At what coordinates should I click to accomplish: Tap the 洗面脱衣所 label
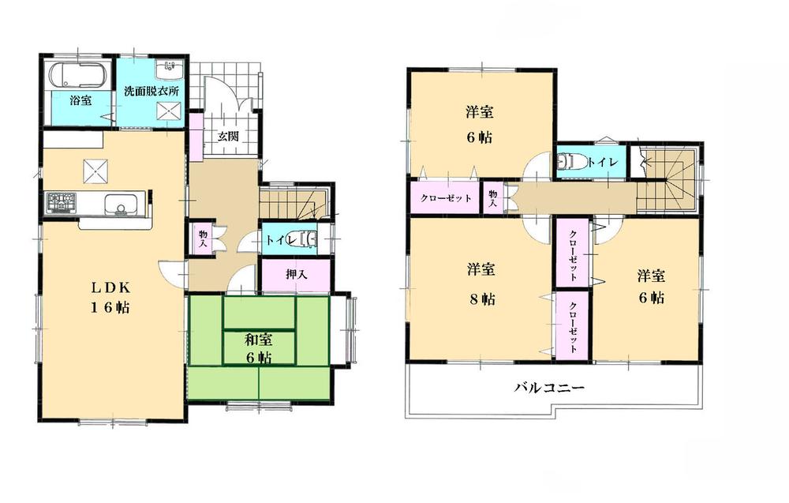pyautogui.click(x=151, y=92)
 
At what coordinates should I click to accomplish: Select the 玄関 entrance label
pyautogui.click(x=229, y=136)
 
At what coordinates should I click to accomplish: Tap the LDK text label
pyautogui.click(x=98, y=286)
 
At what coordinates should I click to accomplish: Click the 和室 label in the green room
pyautogui.click(x=258, y=340)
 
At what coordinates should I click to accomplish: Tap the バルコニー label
pyautogui.click(x=550, y=388)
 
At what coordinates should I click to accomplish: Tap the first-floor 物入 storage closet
pyautogui.click(x=203, y=238)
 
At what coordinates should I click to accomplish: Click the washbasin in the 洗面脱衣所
pyautogui.click(x=169, y=70)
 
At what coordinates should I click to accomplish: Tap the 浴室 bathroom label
pyautogui.click(x=80, y=101)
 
